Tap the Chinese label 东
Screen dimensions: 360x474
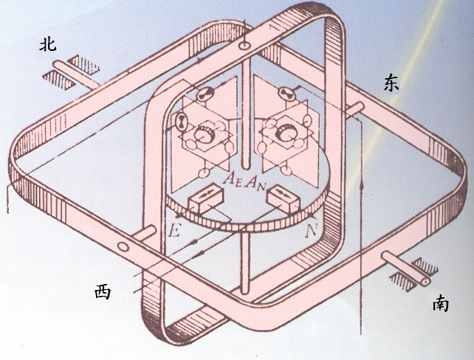pos(391,82)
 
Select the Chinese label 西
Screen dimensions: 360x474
pos(103,292)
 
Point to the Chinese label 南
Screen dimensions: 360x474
pos(440,302)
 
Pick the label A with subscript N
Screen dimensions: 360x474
pos(253,179)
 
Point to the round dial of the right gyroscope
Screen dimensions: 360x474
pos(284,134)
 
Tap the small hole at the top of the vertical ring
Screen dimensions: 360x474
pos(244,46)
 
